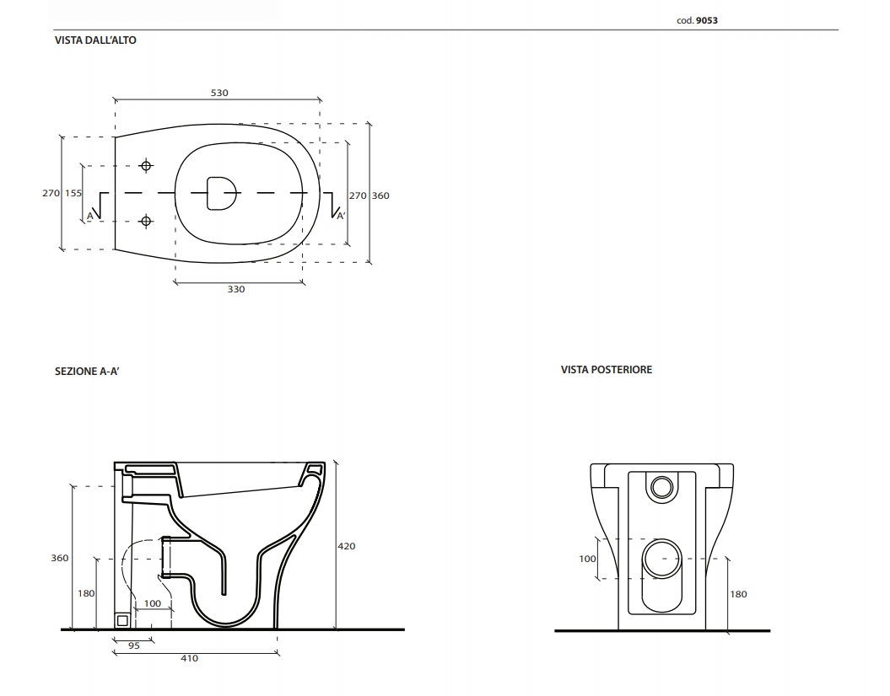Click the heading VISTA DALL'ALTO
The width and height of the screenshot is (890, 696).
[95, 40]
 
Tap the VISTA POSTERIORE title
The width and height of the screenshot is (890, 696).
[606, 370]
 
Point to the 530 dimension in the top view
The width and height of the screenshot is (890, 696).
[219, 93]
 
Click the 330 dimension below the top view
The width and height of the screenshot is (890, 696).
[236, 289]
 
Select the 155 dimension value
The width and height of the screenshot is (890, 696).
[73, 193]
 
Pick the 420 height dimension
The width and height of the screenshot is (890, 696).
[347, 546]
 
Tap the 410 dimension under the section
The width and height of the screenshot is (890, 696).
[190, 658]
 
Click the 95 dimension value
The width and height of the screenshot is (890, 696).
[133, 645]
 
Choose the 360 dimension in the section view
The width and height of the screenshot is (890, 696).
[60, 558]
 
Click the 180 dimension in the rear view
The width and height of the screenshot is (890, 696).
[738, 594]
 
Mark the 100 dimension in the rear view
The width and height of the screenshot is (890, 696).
[588, 559]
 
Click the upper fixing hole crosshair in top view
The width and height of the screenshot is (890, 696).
[146, 165]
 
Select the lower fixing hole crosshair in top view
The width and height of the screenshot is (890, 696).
[146, 222]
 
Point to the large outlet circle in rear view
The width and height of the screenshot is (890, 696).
[661, 559]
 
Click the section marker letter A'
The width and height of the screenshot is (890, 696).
[341, 216]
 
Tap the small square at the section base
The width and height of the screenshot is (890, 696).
[123, 621]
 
